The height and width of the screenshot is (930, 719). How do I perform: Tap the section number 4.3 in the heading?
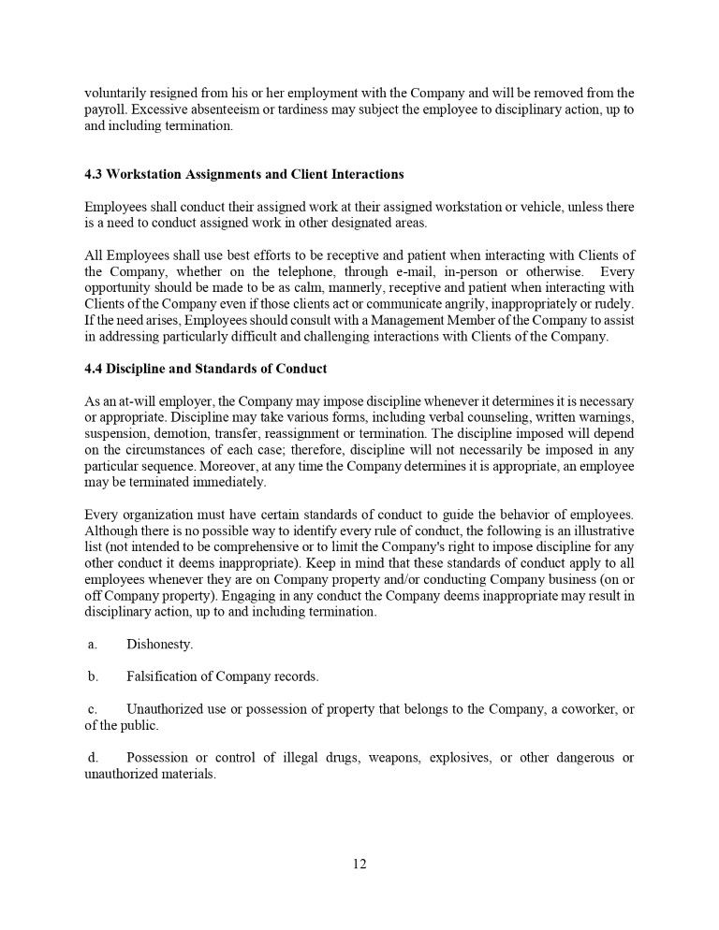(x=94, y=174)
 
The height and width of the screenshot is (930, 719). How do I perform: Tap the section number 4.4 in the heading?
(x=94, y=369)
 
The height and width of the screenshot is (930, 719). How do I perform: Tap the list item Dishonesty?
(x=159, y=645)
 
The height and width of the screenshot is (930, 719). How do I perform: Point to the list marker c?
(x=92, y=709)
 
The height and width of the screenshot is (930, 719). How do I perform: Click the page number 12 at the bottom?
(x=359, y=864)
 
